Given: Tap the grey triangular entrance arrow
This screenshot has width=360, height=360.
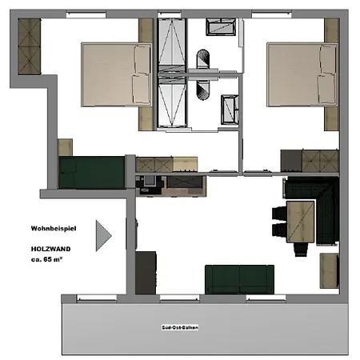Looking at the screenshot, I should tap(102, 235).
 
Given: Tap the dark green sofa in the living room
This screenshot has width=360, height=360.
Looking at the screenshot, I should tap(238, 279).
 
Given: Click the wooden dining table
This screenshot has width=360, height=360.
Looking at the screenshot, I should tap(300, 221).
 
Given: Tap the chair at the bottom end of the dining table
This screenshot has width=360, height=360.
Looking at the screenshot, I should tap(299, 250).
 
